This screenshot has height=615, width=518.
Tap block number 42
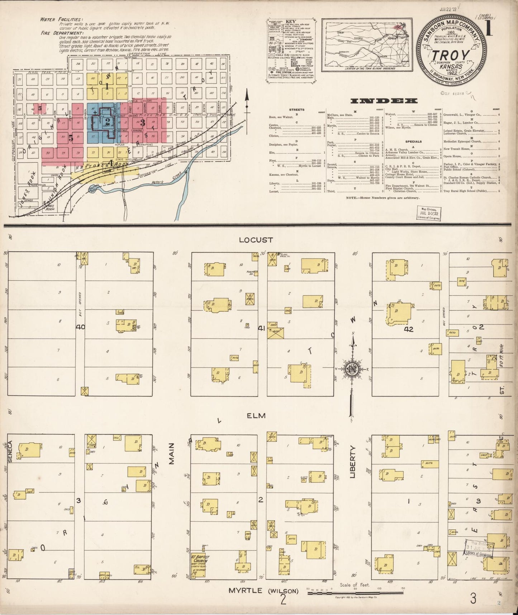408,329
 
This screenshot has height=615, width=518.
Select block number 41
261,327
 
